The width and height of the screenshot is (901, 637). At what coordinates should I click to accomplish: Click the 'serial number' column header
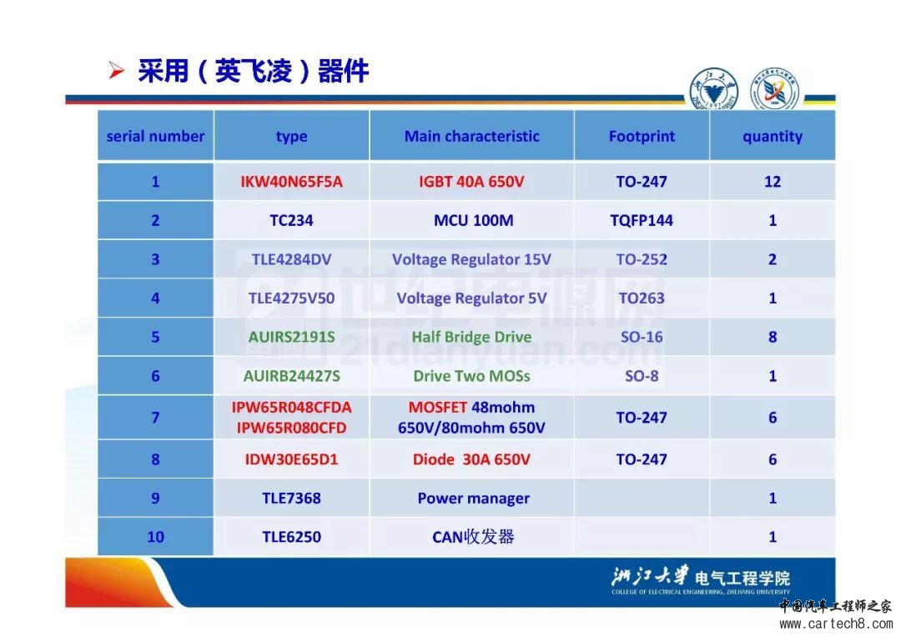point(155,136)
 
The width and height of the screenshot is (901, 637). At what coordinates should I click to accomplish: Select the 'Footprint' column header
point(642,136)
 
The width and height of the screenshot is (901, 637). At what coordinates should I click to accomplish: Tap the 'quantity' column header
point(773,137)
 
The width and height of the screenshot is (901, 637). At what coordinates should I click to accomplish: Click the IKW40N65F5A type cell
point(291,182)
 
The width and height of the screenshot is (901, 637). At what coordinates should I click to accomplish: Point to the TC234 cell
point(291,221)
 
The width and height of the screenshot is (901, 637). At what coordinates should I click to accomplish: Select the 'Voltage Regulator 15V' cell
point(471,259)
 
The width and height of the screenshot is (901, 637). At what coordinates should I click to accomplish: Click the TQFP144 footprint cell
point(642,221)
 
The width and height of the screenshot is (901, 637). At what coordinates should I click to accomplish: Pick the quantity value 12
point(773,182)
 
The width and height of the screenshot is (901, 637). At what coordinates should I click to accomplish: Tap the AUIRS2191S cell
point(291,337)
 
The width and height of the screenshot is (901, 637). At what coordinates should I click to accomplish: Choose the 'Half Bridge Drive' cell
point(471,337)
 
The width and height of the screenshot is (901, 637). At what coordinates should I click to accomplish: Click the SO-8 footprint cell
point(642,376)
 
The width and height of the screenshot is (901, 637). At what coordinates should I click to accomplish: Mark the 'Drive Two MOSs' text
point(471,376)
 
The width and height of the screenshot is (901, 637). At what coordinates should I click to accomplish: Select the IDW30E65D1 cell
point(291,459)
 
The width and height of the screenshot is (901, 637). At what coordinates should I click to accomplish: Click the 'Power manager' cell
point(474,499)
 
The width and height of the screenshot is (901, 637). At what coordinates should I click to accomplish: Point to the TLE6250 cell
point(291,537)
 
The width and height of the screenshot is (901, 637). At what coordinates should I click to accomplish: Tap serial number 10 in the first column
point(155,537)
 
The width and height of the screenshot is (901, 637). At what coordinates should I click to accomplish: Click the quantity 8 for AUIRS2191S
point(773,337)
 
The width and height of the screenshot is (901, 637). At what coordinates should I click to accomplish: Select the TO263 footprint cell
point(642,298)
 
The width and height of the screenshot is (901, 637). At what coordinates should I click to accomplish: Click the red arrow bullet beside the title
point(117,71)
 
